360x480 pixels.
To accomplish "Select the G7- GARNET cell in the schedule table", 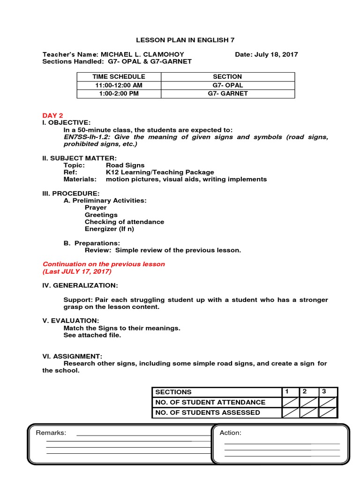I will [x=228, y=94].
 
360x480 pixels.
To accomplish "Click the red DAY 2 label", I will [x=52, y=115].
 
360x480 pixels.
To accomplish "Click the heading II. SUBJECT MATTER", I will [x=80, y=158].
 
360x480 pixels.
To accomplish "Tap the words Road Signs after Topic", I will [x=125, y=165].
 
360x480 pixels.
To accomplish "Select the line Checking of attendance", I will [x=124, y=222].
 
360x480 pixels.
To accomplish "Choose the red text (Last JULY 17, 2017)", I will [x=77, y=271].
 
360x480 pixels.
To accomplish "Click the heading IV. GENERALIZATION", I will [x=80, y=285].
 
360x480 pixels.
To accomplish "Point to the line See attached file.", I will [x=92, y=335].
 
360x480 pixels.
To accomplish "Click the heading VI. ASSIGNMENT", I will [x=72, y=356].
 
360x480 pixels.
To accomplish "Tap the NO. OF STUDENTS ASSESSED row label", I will [x=207, y=412].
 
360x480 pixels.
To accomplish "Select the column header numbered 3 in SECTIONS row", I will [x=323, y=391].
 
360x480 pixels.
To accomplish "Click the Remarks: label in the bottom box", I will [x=51, y=433].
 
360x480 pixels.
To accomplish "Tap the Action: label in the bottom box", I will [x=231, y=433].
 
